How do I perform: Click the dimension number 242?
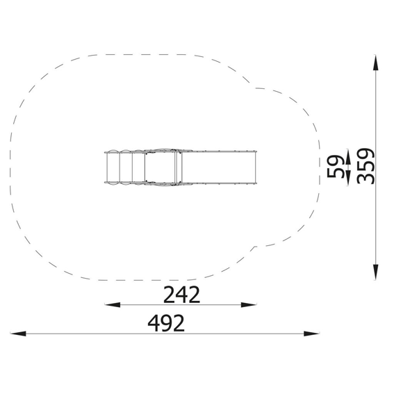(181, 294)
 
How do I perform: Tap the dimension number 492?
(166, 323)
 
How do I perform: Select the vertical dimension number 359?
(366, 166)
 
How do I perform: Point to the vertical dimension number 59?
(336, 166)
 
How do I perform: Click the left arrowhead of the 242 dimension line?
(113, 305)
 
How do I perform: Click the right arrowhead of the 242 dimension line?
(249, 305)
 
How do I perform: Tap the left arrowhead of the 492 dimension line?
(18, 334)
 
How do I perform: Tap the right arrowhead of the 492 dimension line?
(311, 334)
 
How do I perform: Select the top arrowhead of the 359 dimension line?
(375, 63)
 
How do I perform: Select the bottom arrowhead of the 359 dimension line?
(375, 272)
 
